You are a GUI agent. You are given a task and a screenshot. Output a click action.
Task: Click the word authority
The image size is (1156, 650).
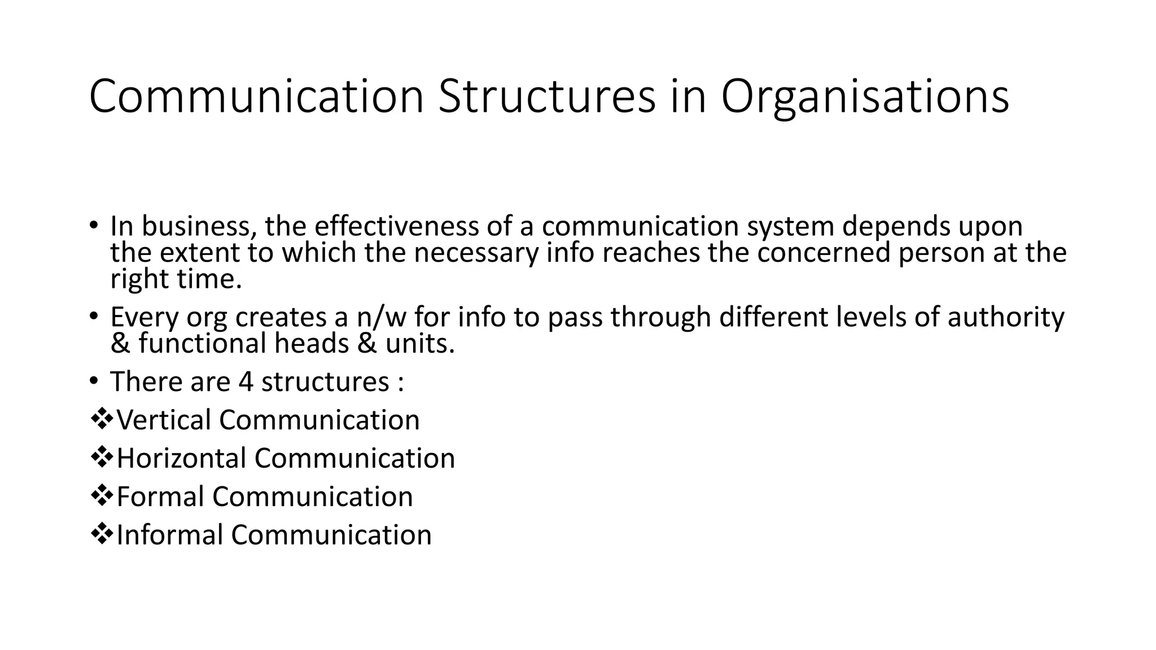click(x=1006, y=317)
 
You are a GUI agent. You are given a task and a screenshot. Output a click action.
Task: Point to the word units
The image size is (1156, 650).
click(x=420, y=343)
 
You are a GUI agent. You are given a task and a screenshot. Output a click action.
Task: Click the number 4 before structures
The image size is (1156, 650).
click(x=246, y=382)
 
